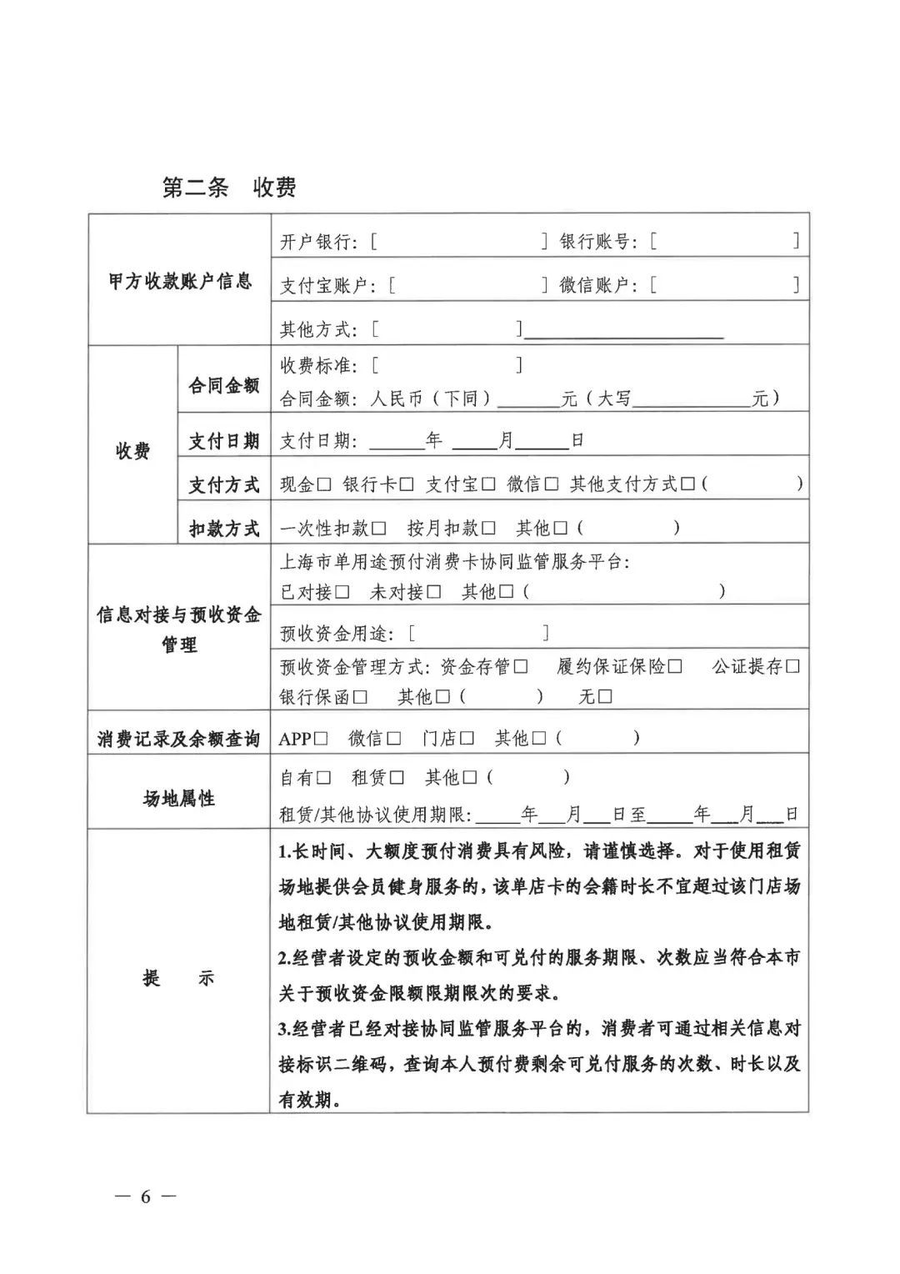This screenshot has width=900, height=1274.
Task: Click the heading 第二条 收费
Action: click(x=229, y=188)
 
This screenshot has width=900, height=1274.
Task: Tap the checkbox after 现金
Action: click(x=325, y=484)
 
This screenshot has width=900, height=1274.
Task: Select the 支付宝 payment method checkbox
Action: click(x=488, y=484)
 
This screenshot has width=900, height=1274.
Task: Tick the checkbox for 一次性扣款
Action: click(x=379, y=529)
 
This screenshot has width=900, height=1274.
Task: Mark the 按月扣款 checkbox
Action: click(x=488, y=529)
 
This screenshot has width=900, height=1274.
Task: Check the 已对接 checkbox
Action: click(x=342, y=592)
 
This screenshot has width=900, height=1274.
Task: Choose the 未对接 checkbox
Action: click(x=433, y=592)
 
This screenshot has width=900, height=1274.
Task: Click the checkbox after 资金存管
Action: click(x=521, y=667)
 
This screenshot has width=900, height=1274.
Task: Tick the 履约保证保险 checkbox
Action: click(x=675, y=667)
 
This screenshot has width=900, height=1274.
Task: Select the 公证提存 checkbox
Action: click(x=792, y=667)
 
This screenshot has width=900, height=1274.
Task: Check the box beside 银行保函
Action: click(x=361, y=697)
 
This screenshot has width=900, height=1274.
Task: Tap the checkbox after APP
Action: click(x=322, y=739)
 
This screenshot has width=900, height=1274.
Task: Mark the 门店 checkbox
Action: click(x=467, y=739)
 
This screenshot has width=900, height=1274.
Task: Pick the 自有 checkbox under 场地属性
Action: click(x=324, y=778)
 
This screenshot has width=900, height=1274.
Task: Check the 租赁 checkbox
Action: click(x=397, y=778)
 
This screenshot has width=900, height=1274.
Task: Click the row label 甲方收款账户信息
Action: click(x=180, y=281)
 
